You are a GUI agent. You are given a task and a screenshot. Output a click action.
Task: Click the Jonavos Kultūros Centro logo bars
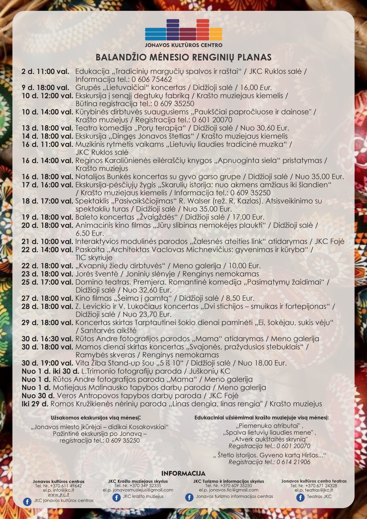click(x=184, y=30)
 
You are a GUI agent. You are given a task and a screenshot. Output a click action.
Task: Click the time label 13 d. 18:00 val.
click(x=47, y=128)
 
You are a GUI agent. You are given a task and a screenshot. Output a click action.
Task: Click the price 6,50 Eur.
click(x=90, y=234)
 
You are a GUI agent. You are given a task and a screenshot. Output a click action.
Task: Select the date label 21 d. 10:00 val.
click(x=47, y=242)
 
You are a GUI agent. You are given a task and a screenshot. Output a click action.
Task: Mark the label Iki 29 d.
click(x=35, y=404)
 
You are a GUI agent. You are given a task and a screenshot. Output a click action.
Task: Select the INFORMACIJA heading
click(x=184, y=473)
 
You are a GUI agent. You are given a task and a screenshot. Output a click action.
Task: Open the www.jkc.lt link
click(x=58, y=494)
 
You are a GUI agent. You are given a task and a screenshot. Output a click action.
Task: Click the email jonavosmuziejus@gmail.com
click(x=138, y=490)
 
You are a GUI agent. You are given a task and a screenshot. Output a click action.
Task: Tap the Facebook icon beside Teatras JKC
click(x=300, y=497)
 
